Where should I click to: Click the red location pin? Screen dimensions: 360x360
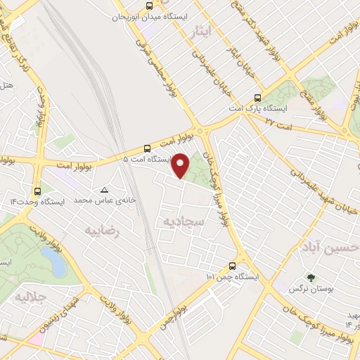[x=181, y=165]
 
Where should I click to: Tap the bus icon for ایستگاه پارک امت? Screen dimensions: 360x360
[x=257, y=98]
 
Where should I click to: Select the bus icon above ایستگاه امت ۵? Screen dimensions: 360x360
[x=147, y=148]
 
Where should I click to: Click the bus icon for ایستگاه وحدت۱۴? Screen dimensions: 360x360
[x=37, y=191]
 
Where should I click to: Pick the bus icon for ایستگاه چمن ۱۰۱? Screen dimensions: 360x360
[x=232, y=266]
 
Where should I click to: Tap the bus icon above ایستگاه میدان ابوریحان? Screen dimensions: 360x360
[x=149, y=6]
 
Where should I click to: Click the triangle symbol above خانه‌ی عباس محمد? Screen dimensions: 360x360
[x=105, y=190]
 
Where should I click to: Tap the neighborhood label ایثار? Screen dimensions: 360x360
[x=200, y=31]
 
